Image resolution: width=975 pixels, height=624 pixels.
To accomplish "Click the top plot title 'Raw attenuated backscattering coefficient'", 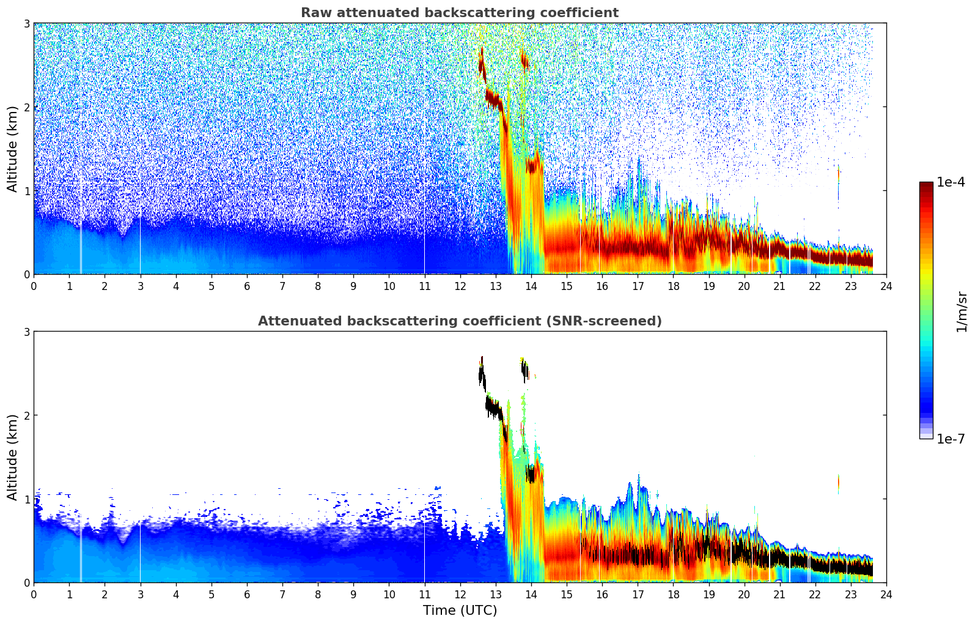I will click(459, 13).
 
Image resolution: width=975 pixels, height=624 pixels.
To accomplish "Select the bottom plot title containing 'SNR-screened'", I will click(459, 321).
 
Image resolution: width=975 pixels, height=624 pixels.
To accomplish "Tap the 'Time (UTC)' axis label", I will click(460, 610).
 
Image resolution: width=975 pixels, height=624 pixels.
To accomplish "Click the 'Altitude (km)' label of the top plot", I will click(12, 149).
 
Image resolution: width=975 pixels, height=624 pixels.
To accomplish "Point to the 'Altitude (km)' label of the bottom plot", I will click(12, 457).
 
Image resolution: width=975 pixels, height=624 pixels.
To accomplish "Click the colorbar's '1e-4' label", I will click(951, 182).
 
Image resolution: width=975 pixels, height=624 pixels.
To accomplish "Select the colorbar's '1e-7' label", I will click(951, 439).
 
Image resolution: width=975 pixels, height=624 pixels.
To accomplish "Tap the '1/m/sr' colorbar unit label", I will click(962, 311).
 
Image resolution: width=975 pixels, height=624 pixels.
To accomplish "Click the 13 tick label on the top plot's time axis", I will click(496, 286).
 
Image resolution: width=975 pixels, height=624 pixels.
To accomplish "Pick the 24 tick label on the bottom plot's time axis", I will click(886, 595).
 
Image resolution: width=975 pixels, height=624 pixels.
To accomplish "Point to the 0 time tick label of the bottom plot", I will click(34, 595).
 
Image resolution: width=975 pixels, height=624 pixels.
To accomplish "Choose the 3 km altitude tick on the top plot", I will click(26, 23).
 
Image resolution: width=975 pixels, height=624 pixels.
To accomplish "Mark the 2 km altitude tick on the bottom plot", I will click(26, 415).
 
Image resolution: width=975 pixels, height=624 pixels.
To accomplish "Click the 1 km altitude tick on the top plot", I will click(26, 191).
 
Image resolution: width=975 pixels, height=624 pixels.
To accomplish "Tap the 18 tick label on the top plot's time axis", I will click(673, 286).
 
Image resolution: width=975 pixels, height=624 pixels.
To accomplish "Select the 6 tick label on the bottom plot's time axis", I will click(247, 595).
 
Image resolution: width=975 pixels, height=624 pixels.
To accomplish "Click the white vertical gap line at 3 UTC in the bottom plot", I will click(141, 551).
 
